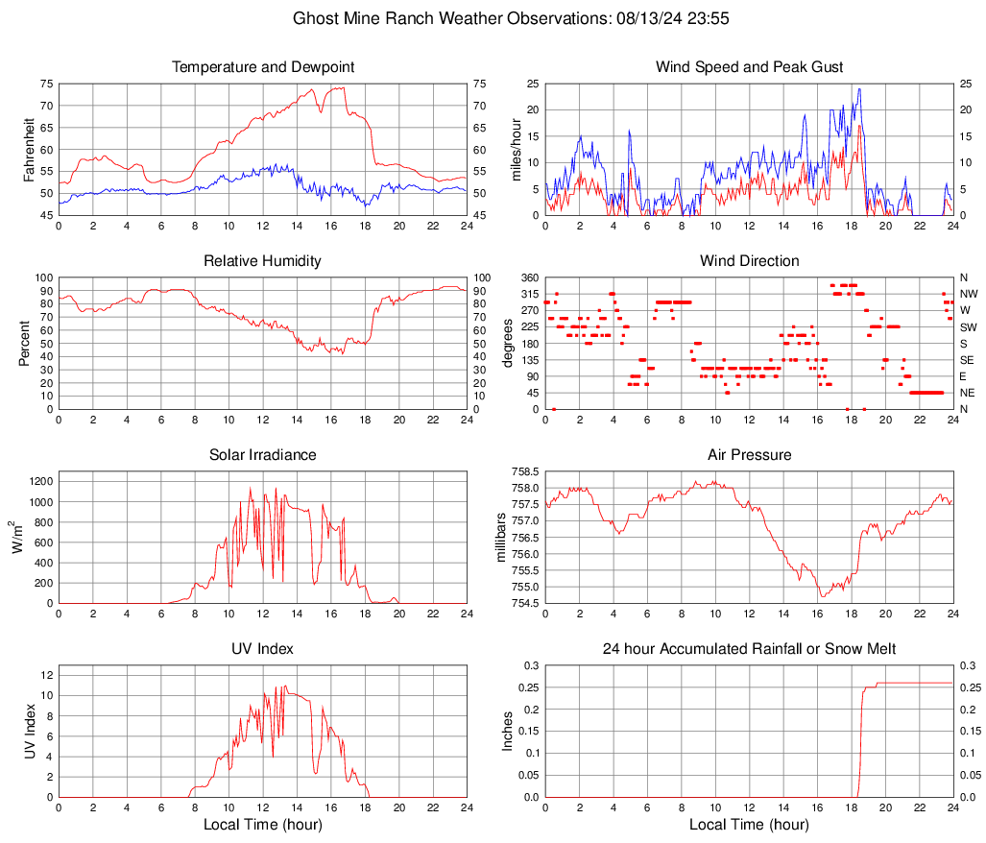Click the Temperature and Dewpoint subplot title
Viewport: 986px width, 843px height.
[x=263, y=67]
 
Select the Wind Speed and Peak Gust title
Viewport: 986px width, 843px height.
[x=749, y=67]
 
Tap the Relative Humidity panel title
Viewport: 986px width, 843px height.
[x=263, y=261]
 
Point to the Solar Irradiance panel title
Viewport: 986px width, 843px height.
[x=263, y=455]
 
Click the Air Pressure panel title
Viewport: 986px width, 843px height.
[x=749, y=455]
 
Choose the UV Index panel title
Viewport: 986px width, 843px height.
[x=263, y=649]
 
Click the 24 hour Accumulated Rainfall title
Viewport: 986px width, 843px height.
[x=749, y=649]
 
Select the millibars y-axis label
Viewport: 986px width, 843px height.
[x=500, y=538]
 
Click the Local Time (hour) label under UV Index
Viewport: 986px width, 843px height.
[x=263, y=825]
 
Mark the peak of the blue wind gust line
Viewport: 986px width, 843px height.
[x=859, y=89]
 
